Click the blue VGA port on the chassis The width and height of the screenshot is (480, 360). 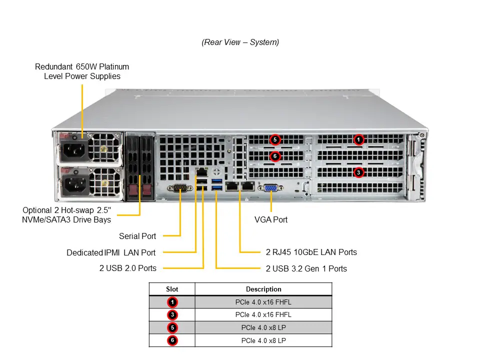coord(271,187)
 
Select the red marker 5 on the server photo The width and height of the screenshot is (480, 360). coord(274,139)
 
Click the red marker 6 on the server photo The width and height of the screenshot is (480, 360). coord(274,156)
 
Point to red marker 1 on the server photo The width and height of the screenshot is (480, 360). coord(358,139)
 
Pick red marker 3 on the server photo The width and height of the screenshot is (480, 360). coord(358,172)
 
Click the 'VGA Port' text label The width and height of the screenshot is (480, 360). coord(271,219)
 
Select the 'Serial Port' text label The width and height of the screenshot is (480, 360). coord(137,236)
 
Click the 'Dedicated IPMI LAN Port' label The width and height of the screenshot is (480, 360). coord(111,252)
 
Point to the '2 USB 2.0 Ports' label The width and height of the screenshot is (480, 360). coord(127,268)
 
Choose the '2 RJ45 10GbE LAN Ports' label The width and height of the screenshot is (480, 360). coord(311,252)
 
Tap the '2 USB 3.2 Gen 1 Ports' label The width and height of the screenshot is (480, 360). coord(306,268)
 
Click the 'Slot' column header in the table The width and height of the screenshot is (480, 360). coord(172,289)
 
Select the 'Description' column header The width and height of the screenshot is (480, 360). coord(263,289)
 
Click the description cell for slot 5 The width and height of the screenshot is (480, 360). coord(263,327)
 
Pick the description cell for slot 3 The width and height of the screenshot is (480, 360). coord(263,314)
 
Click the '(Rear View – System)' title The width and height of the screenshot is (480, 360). coord(240,42)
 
